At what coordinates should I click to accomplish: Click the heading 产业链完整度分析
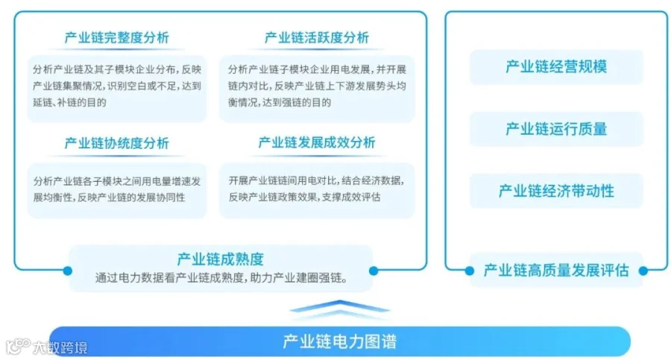(117, 38)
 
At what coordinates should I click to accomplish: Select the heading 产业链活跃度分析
(317, 38)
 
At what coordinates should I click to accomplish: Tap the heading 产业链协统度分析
(117, 143)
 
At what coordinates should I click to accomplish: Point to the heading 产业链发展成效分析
(317, 142)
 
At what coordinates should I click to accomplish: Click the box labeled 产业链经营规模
(556, 67)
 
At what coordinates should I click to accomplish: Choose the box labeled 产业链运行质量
(556, 129)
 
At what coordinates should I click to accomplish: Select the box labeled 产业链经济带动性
(556, 191)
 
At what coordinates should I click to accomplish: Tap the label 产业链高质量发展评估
(556, 271)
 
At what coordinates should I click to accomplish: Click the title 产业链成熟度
(221, 259)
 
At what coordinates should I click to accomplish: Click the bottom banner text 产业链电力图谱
(340, 341)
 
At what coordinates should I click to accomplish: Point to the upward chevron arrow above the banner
(340, 309)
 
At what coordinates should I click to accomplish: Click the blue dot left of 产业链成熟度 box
(68, 271)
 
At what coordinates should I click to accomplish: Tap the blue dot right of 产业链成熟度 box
(374, 271)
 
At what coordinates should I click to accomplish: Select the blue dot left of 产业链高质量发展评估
(470, 271)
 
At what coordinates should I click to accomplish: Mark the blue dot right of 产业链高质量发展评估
(643, 271)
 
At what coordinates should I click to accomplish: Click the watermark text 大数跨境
(60, 347)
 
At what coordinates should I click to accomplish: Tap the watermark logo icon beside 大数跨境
(18, 346)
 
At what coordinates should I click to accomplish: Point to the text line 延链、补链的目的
(70, 102)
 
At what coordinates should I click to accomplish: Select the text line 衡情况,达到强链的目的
(280, 102)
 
